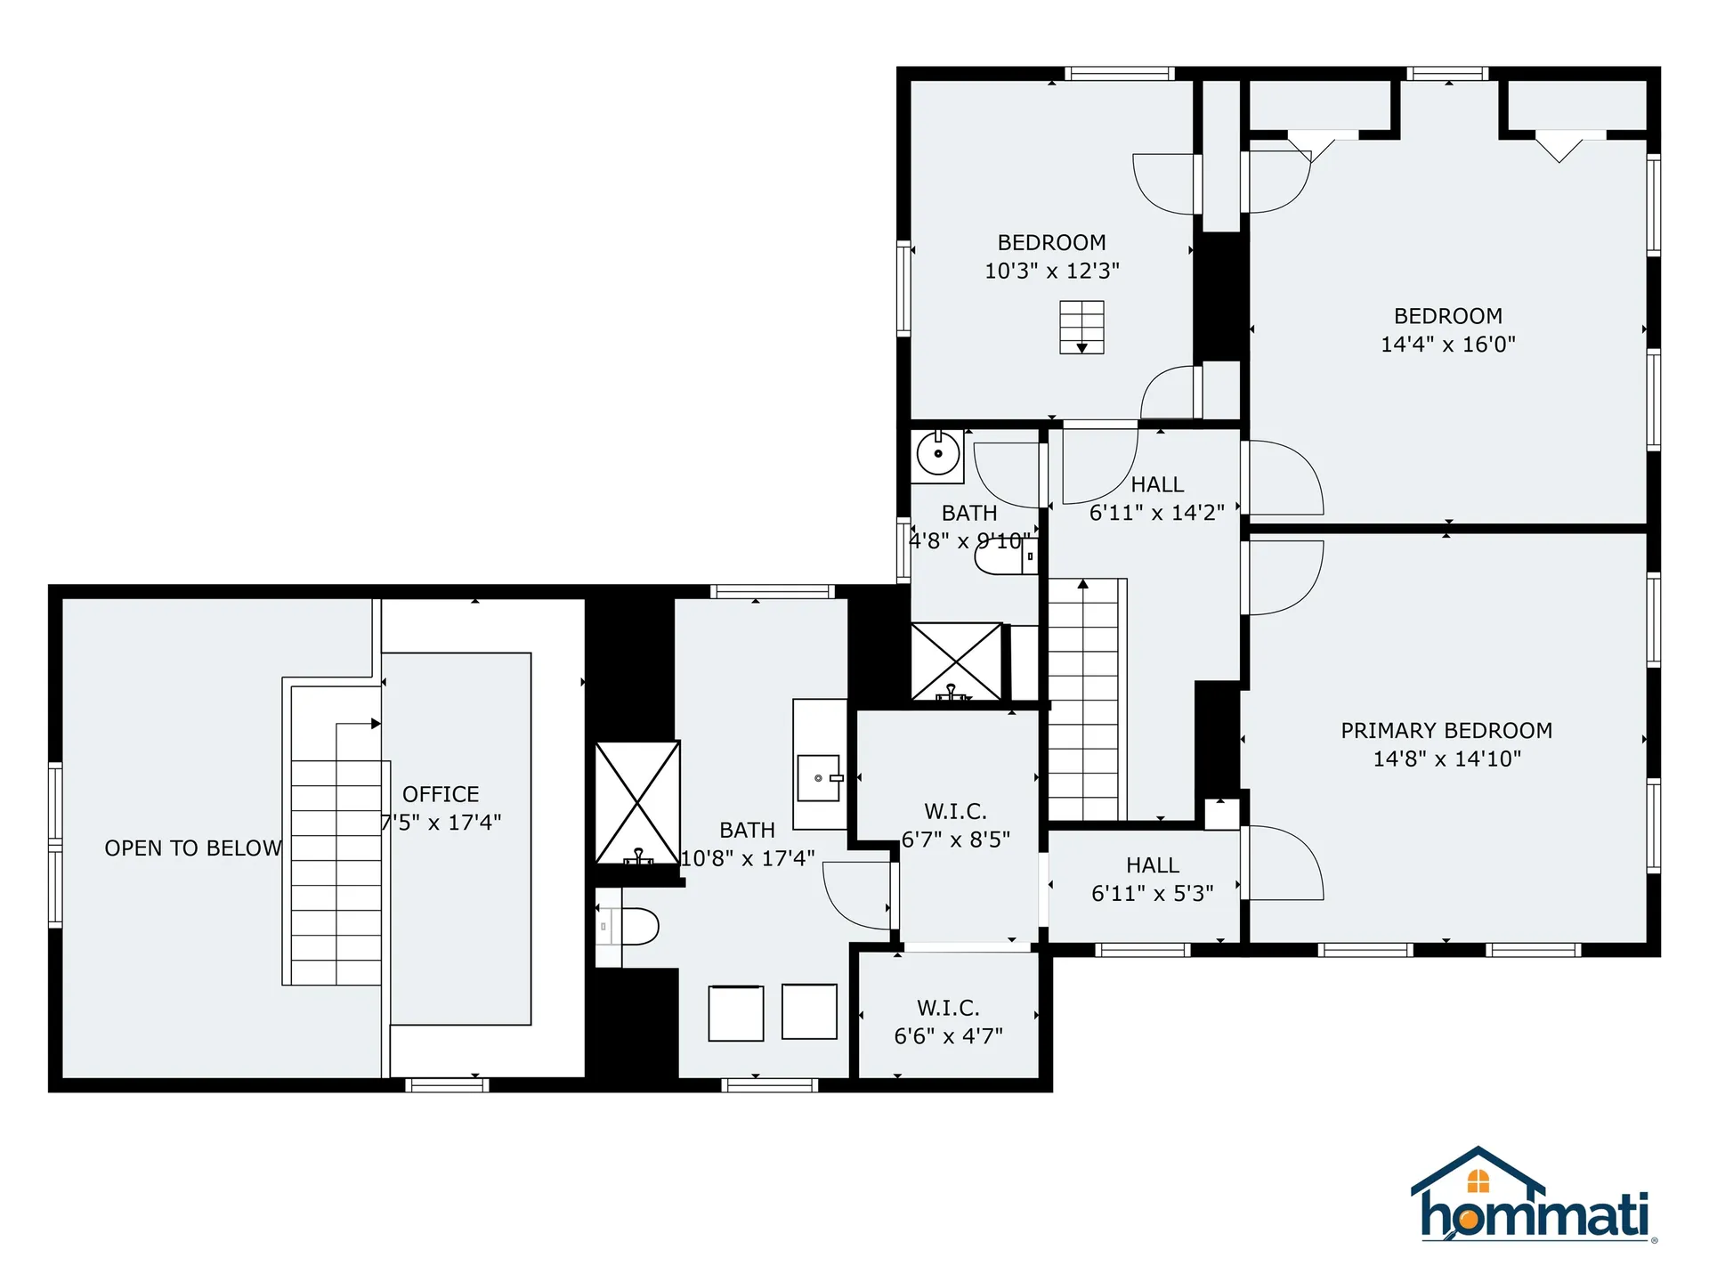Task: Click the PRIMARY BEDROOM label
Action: tap(1446, 731)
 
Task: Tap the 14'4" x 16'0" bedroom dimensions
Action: tap(1447, 345)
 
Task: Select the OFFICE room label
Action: tap(441, 794)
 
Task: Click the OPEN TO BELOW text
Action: tap(193, 848)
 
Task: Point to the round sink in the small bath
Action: tap(938, 454)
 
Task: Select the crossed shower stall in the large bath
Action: tap(637, 802)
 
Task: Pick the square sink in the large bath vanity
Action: tap(819, 778)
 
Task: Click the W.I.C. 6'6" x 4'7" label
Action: tap(949, 1022)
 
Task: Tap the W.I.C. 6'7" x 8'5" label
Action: tap(955, 825)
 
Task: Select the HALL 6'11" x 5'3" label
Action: tap(1153, 880)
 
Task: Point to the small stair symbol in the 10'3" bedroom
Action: tap(1081, 327)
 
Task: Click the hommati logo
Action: tap(1533, 1197)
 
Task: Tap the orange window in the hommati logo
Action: tap(1478, 1181)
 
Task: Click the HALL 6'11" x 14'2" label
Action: tap(1157, 499)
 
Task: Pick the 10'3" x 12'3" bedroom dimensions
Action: tap(1051, 271)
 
